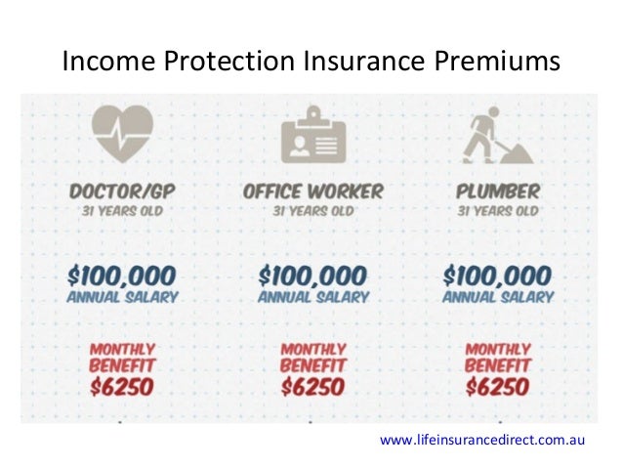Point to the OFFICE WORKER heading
(x=313, y=189)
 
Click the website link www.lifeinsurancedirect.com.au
(x=482, y=441)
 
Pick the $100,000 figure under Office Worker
(x=312, y=275)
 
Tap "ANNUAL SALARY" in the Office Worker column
(x=313, y=297)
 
